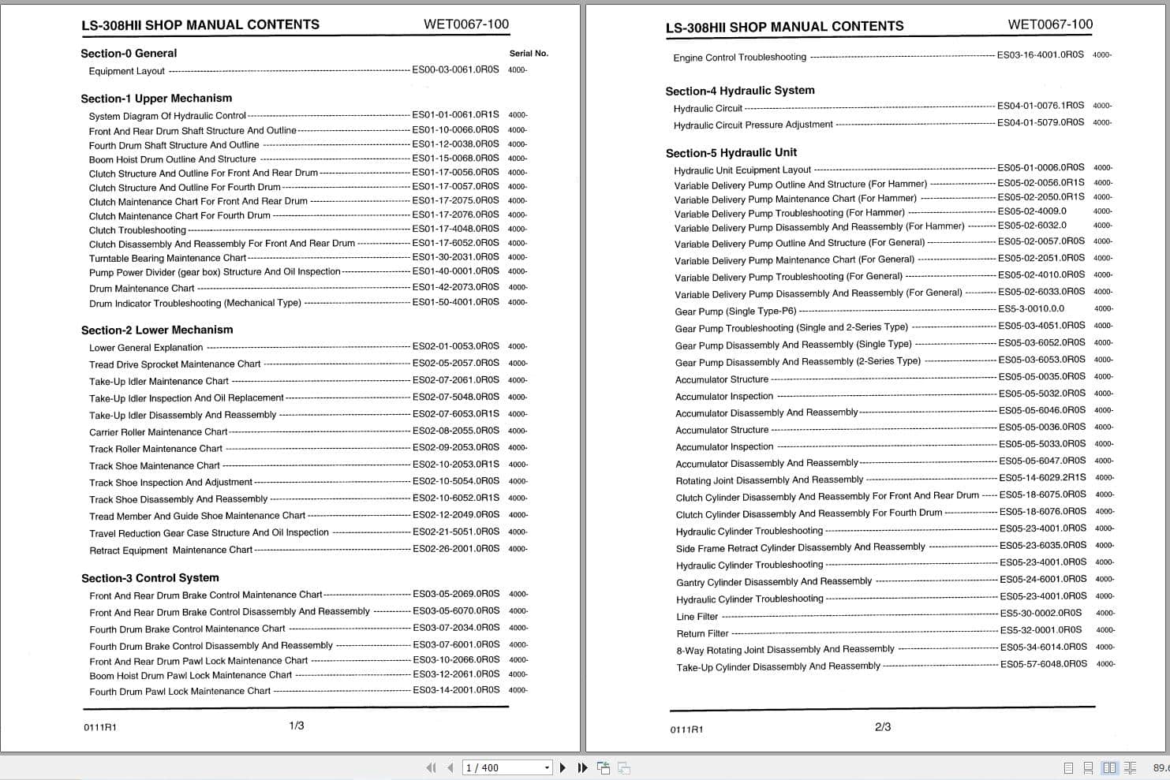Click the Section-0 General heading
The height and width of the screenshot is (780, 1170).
click(129, 54)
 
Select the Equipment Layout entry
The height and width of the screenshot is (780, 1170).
click(127, 71)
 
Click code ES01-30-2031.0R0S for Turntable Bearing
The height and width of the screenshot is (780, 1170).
click(455, 257)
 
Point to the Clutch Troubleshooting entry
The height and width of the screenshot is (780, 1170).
click(137, 230)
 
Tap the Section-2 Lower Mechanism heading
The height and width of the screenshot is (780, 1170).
click(157, 330)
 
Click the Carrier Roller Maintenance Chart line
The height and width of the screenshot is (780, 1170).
click(158, 432)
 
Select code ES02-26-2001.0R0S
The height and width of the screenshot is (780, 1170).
click(455, 549)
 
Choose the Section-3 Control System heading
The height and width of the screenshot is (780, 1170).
click(150, 578)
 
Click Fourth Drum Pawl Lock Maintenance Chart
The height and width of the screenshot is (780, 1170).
click(180, 692)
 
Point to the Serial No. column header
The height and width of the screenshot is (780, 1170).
click(529, 54)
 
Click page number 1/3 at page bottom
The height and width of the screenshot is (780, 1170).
click(297, 726)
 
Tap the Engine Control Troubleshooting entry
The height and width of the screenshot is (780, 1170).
click(739, 58)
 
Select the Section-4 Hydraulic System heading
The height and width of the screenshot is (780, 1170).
click(739, 91)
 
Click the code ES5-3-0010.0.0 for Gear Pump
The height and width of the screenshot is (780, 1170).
click(1031, 309)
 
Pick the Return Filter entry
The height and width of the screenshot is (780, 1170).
click(702, 634)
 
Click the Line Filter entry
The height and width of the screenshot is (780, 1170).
click(697, 617)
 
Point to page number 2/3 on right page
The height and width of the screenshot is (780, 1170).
click(883, 727)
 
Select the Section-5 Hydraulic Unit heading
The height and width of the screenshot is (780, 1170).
click(731, 153)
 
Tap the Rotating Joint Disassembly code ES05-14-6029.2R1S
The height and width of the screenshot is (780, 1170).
click(1042, 478)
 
